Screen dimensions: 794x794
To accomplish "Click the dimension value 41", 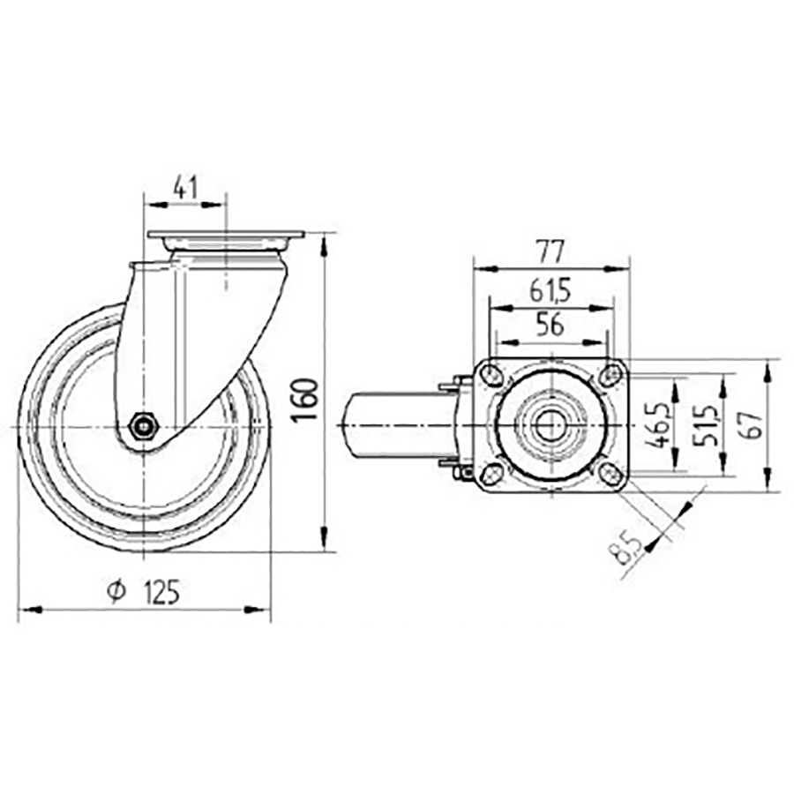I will [184, 186].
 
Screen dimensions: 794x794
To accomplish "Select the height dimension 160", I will [303, 399].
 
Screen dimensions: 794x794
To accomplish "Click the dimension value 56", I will [550, 325].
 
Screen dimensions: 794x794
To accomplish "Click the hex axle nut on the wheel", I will [142, 428].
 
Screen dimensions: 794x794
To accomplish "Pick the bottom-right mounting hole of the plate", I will [610, 475].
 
